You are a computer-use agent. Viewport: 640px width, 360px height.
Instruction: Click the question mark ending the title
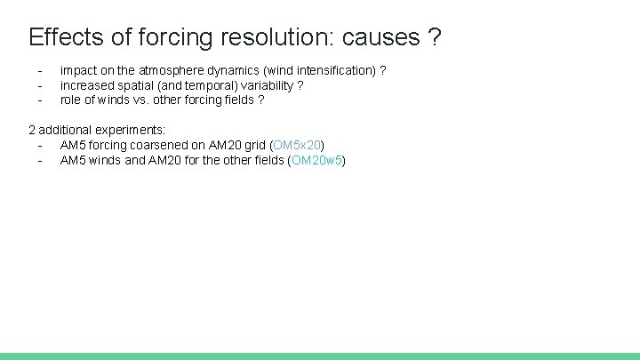[x=434, y=37]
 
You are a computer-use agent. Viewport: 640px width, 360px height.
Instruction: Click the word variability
[x=266, y=85]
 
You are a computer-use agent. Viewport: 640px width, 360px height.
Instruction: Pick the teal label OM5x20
[x=297, y=145]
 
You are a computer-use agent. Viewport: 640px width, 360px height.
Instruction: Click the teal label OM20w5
[x=316, y=160]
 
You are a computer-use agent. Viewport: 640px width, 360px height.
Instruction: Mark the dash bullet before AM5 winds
[x=40, y=160]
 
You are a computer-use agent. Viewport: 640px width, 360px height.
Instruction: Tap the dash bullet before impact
[x=40, y=70]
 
